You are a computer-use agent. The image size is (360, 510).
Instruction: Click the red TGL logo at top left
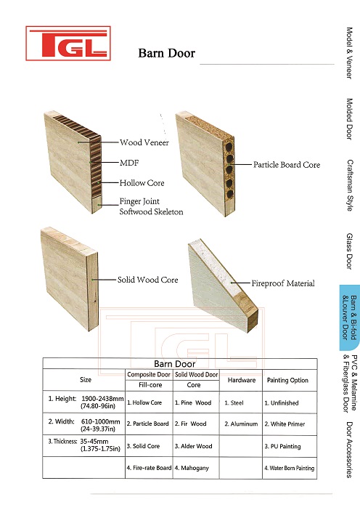point(68,44)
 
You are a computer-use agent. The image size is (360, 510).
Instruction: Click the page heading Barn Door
point(167,53)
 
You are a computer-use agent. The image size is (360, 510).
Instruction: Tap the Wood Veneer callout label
point(144,142)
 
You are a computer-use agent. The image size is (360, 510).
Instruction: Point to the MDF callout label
point(129,162)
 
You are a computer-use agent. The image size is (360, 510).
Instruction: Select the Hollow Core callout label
point(142,183)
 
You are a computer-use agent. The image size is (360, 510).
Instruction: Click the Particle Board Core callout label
point(287,165)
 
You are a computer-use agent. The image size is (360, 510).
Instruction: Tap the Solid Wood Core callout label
point(147,280)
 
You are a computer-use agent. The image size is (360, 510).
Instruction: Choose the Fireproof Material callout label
point(282,283)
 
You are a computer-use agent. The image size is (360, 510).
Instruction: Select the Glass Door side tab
point(349,251)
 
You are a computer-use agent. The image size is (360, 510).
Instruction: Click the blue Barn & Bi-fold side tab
point(350,317)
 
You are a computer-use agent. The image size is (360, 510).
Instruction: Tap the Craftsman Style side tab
point(350,185)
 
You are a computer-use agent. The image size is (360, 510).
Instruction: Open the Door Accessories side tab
point(349,450)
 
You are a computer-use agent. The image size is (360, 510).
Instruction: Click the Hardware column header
point(242,380)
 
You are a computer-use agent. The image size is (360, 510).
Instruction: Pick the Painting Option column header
point(287,380)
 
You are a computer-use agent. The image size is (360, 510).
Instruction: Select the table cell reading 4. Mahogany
point(192,468)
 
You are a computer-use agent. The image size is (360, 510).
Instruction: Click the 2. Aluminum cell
point(241,424)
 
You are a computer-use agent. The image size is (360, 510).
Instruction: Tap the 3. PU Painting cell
point(282,446)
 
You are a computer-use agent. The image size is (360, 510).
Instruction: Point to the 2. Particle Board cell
point(147,424)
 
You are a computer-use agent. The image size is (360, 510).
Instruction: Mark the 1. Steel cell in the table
point(234,402)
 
